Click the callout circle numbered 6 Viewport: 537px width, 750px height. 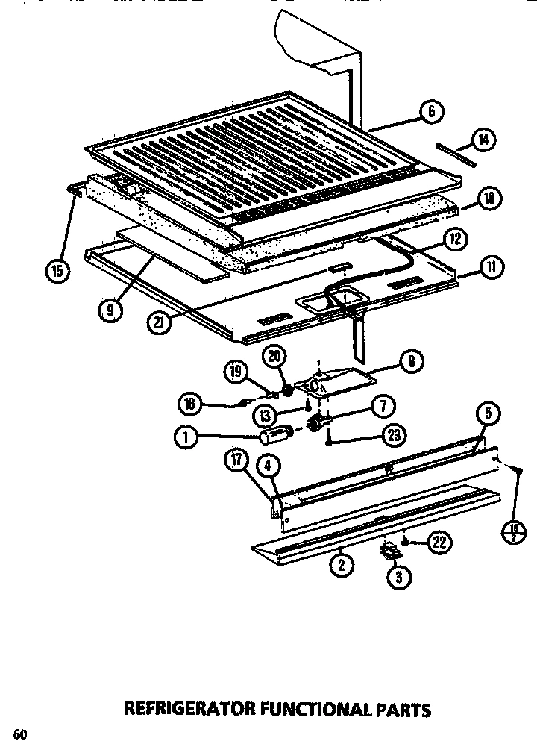(x=432, y=113)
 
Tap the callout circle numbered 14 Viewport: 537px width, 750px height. (x=484, y=139)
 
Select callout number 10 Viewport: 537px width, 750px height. (x=489, y=199)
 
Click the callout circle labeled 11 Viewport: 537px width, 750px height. (x=492, y=266)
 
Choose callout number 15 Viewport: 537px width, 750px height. (x=57, y=269)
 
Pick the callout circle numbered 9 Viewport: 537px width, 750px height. (x=110, y=310)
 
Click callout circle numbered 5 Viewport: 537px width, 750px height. (x=488, y=413)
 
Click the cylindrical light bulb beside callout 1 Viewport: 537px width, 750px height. (x=277, y=435)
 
